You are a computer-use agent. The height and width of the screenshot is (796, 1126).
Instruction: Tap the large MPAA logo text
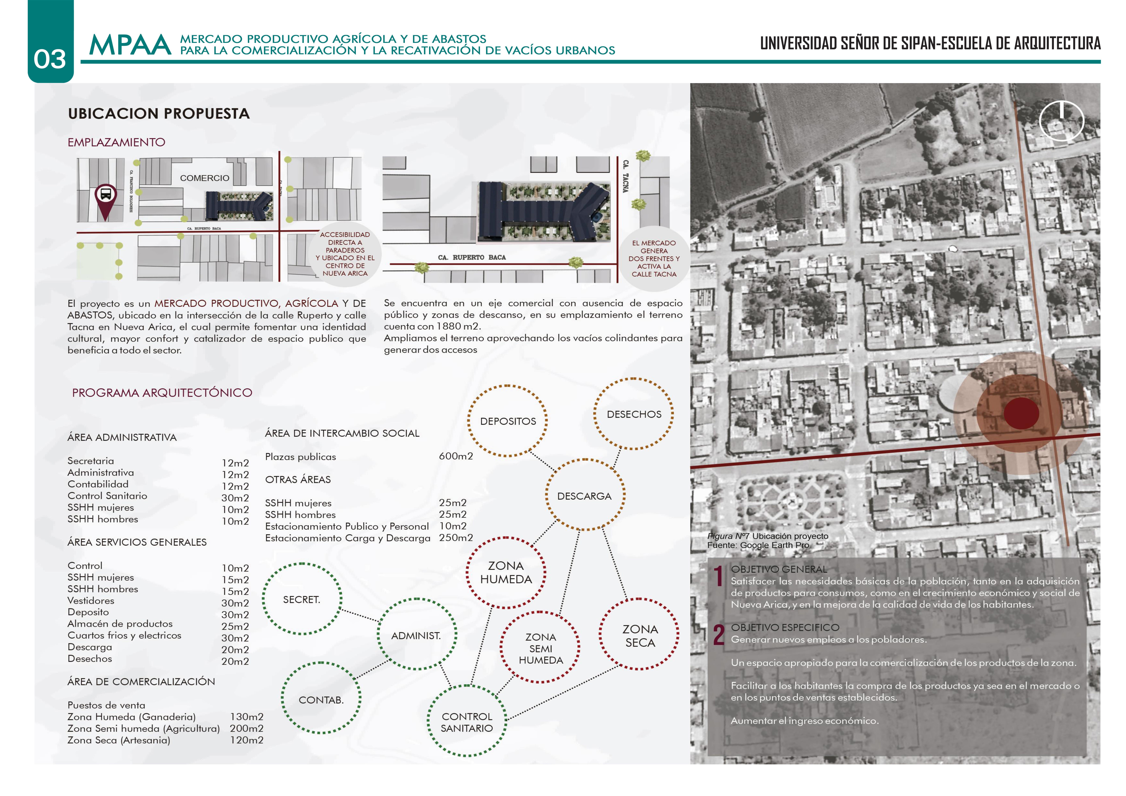pos(130,46)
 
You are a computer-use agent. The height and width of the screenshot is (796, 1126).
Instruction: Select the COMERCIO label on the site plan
pos(205,178)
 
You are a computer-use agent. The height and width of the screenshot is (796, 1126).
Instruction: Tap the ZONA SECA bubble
pos(640,635)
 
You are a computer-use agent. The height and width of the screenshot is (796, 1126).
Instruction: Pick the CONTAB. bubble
pos(321,699)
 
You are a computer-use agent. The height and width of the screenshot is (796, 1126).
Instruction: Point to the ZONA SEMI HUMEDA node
pos(540,648)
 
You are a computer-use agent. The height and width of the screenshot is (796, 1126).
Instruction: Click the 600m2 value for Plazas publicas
pos(456,456)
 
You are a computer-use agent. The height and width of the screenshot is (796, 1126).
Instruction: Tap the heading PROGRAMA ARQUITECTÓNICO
pos(162,393)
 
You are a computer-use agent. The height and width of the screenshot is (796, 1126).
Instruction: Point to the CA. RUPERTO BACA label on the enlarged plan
pos(472,257)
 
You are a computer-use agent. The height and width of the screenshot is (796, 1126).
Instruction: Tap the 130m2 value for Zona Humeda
pos(247,717)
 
